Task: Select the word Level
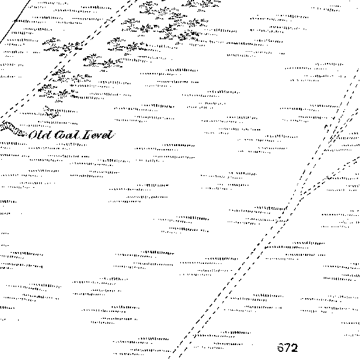(x=98, y=135)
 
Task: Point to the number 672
(x=288, y=348)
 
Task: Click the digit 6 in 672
(x=281, y=348)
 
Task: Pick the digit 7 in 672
(x=288, y=348)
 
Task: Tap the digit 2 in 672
(x=294, y=348)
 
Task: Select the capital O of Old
(x=34, y=135)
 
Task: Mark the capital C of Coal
(x=59, y=135)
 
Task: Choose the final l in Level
(x=111, y=135)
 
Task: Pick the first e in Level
(x=95, y=136)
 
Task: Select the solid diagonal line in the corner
(x=15, y=21)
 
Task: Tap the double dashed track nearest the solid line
(x=69, y=57)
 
